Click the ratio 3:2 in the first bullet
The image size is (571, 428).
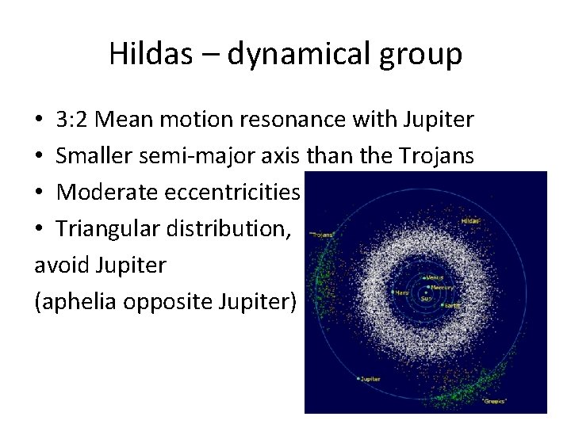pyautogui.click(x=72, y=120)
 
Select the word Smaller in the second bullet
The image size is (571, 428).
pyautogui.click(x=94, y=156)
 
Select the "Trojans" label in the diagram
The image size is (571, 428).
pyautogui.click(x=323, y=235)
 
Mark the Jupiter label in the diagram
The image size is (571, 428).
pyautogui.click(x=370, y=380)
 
